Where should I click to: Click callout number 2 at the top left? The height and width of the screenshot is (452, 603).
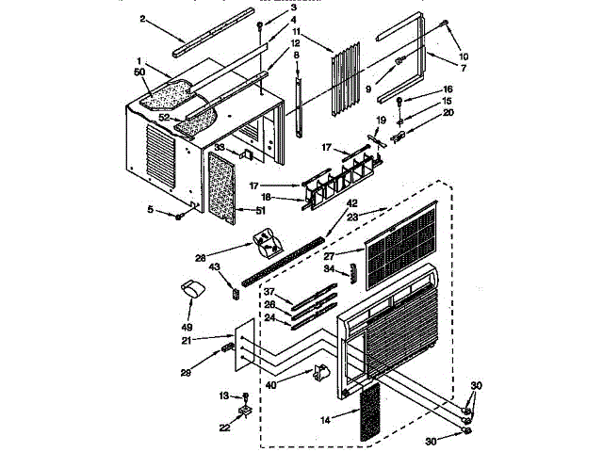(142, 18)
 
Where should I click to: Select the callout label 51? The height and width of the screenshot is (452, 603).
(249, 210)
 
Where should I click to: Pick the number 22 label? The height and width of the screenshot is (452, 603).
(224, 428)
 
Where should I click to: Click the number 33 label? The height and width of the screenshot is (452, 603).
(219, 148)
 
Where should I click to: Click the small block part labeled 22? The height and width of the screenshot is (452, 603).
(244, 412)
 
